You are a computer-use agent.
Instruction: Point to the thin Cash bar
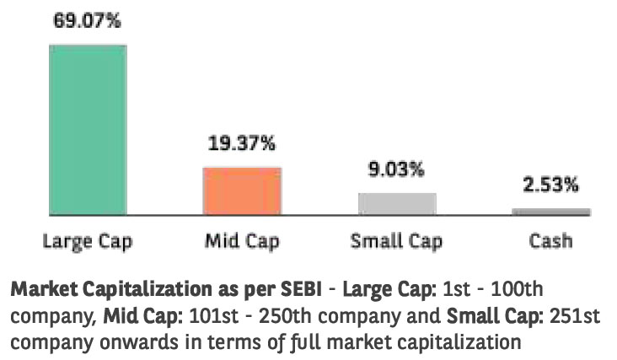click(x=551, y=212)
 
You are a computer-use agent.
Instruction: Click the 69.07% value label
click(x=89, y=21)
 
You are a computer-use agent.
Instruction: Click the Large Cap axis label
click(x=88, y=241)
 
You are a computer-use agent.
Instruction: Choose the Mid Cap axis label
click(x=242, y=241)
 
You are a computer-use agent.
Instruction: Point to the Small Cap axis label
click(x=397, y=241)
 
